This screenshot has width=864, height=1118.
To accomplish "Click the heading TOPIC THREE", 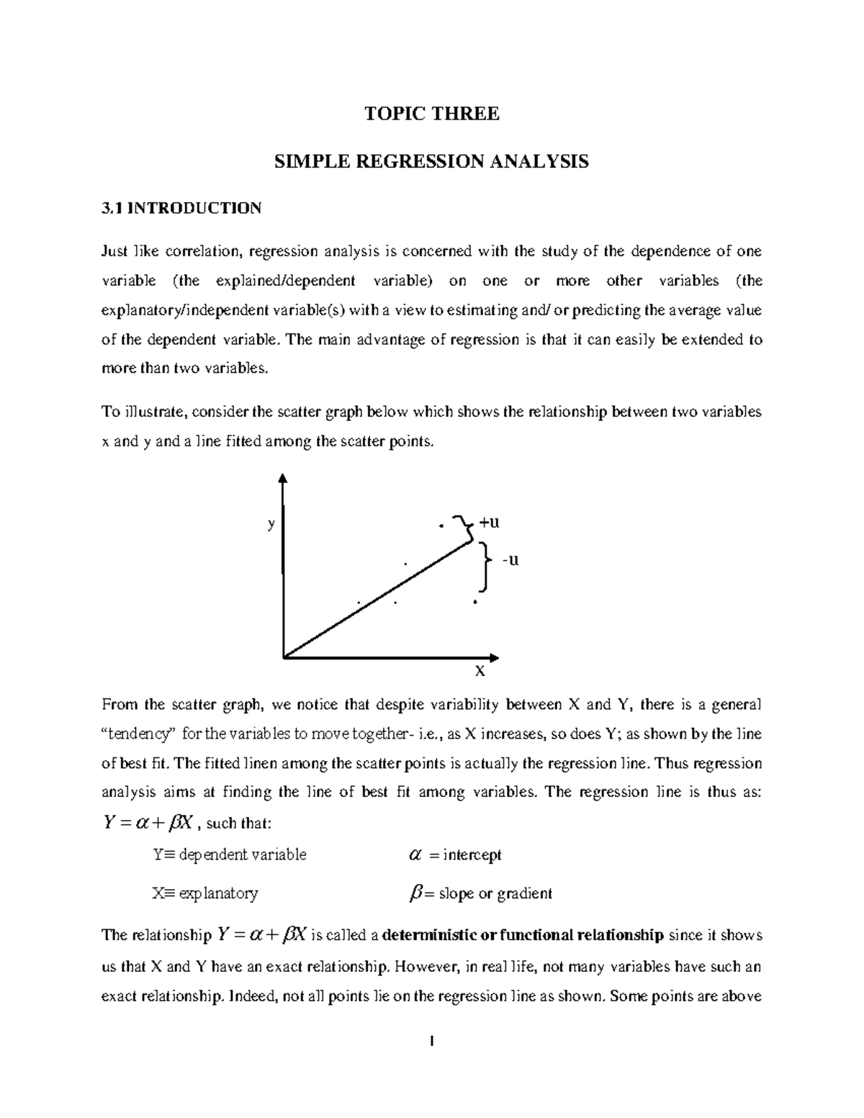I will tap(431, 114).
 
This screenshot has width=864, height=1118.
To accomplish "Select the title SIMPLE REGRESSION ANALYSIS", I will tap(431, 161).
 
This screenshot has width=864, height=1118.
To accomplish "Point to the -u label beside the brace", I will tap(510, 559).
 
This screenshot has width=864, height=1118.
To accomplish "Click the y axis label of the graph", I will tap(271, 524).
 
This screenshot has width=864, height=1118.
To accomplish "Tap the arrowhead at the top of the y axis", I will tap(283, 478).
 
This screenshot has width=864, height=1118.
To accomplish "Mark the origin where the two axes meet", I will tap(284, 657).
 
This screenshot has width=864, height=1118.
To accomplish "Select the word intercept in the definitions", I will tap(472, 855).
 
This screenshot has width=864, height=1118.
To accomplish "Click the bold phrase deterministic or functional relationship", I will tap(523, 936).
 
